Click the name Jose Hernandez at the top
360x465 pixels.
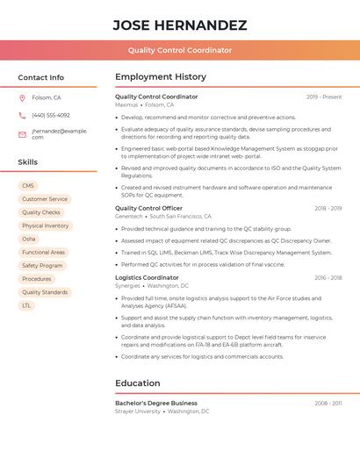click(x=179, y=25)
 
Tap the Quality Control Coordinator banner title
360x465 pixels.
click(x=179, y=51)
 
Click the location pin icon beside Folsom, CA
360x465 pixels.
click(x=22, y=97)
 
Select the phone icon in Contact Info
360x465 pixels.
click(x=22, y=115)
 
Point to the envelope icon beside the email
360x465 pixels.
click(x=22, y=133)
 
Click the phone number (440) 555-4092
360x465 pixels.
click(x=51, y=115)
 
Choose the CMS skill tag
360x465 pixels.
click(x=28, y=186)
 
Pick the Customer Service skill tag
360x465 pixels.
click(x=44, y=199)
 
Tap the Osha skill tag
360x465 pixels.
click(x=29, y=239)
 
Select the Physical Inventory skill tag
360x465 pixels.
click(x=45, y=225)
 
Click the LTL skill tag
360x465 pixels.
click(x=26, y=305)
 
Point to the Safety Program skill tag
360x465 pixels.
click(x=42, y=266)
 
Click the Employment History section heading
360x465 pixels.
click(x=161, y=77)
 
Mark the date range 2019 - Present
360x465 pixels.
click(x=324, y=97)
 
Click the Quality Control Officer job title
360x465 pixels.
click(x=148, y=209)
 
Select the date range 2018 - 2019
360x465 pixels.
click(x=328, y=209)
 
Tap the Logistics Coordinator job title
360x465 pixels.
click(x=147, y=277)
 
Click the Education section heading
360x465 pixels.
click(x=138, y=383)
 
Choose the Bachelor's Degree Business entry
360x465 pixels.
click(x=156, y=403)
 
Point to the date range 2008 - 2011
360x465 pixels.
click(x=328, y=403)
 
